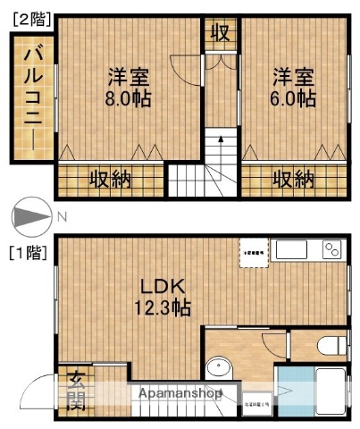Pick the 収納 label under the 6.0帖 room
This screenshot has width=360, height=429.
(x=293, y=179)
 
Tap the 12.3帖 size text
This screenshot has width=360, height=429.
(x=163, y=309)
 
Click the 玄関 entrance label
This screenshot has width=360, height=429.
(x=75, y=391)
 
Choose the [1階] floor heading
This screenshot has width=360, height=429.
(x=29, y=253)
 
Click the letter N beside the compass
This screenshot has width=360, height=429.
(x=62, y=216)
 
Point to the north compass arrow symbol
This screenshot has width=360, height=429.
(x=30, y=217)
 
